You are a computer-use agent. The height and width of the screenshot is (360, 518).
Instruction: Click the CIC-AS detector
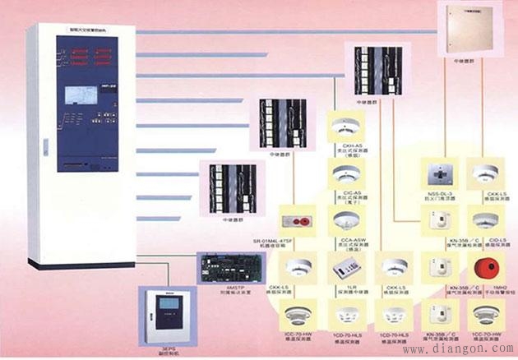point(344,173)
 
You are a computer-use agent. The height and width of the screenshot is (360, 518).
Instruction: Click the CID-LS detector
point(481,220)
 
